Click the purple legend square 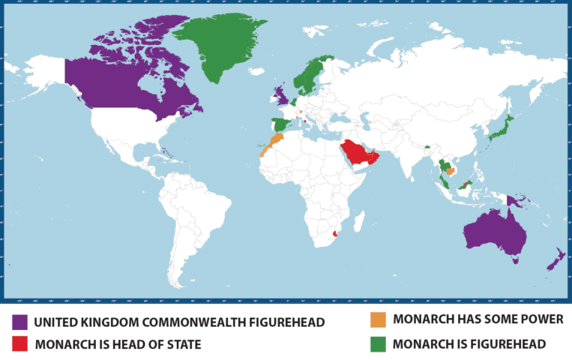click(x=20, y=322)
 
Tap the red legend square click(x=20, y=344)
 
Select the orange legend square click(x=379, y=319)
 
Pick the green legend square click(x=379, y=343)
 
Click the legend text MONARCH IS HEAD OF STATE click(x=118, y=344)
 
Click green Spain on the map click(x=280, y=124)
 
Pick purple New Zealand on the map click(x=556, y=259)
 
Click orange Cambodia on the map click(x=450, y=170)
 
